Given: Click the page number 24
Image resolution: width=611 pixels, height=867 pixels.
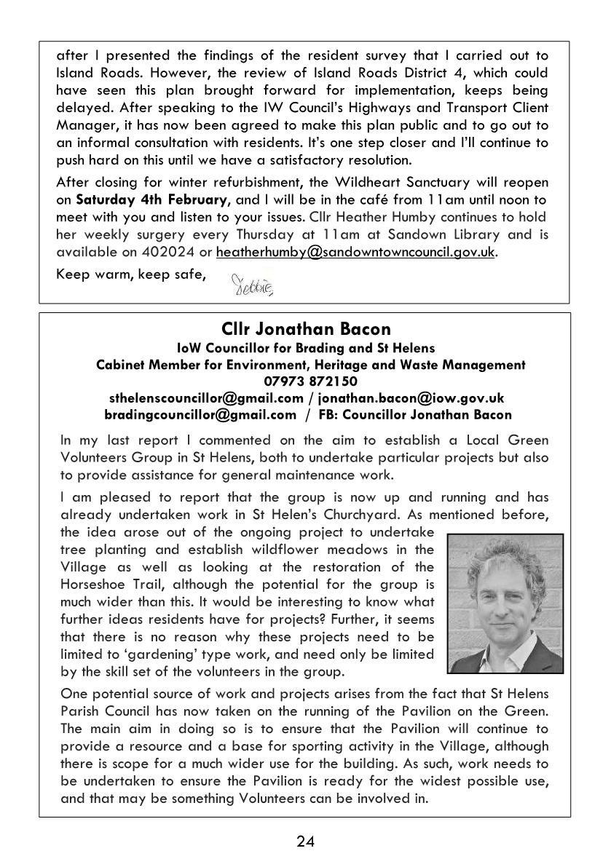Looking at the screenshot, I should coord(305,842).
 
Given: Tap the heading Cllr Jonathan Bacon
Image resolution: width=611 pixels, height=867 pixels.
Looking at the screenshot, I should coord(306,330).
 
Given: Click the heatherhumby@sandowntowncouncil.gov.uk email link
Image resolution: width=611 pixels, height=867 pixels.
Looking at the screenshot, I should coord(355,251).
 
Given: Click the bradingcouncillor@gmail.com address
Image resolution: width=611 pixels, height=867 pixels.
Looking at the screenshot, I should coord(201,415).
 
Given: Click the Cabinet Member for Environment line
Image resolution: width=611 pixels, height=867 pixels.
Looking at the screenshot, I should coord(310,365).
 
